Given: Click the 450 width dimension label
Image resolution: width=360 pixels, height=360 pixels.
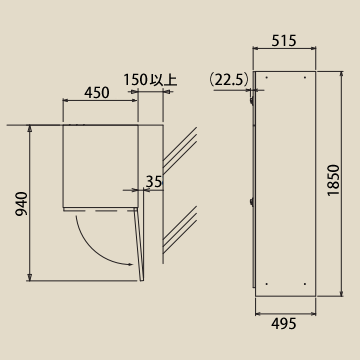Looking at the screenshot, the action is tap(96, 93).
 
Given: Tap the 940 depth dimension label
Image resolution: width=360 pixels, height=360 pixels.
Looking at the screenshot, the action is tap(22, 203).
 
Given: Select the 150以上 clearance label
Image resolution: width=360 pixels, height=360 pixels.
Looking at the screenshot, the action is tap(150, 79).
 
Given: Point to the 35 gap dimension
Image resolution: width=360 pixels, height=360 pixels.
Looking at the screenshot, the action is tap(154, 182).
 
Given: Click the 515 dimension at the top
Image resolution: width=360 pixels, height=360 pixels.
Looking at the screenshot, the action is tap(284, 41).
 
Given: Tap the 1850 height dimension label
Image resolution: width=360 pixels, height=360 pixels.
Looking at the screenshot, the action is tap(333, 180).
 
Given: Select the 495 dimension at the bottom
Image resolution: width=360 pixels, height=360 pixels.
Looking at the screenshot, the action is tap(284, 324).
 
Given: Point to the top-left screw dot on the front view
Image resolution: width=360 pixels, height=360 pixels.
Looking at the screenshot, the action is tap(267, 78).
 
